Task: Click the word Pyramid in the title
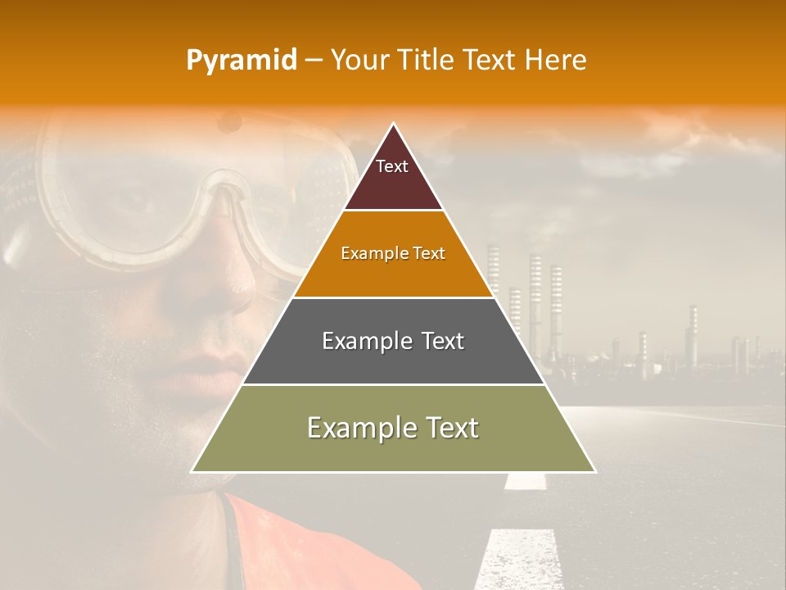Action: (x=241, y=61)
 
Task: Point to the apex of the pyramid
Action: (x=394, y=125)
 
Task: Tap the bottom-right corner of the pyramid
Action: (x=594, y=471)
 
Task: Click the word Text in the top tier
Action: (x=391, y=166)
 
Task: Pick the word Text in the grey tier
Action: (x=438, y=341)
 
